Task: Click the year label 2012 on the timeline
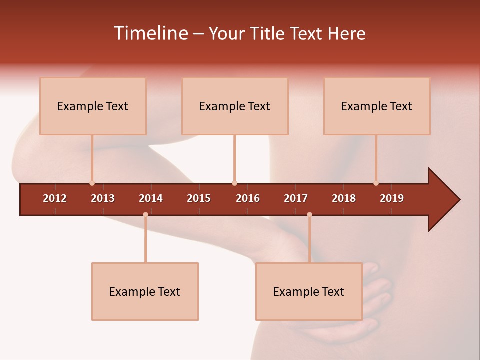55,198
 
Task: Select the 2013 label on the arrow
103,198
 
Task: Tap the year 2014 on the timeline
151,198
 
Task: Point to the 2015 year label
199,198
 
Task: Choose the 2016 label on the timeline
248,198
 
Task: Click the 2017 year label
296,198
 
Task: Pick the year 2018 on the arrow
344,198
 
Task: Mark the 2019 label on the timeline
392,198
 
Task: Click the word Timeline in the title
150,33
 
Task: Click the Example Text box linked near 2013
93,106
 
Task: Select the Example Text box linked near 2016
235,106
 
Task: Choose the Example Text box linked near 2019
377,106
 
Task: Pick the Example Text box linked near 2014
145,292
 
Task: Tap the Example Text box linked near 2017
309,292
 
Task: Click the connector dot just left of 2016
234,183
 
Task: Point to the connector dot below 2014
145,214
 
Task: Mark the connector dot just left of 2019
376,183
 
